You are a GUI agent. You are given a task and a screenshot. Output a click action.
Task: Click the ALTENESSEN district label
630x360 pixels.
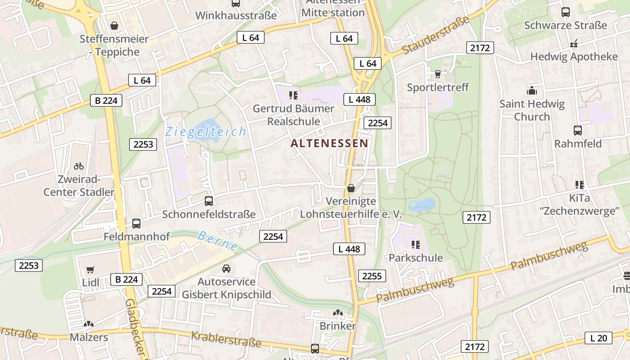click(329, 144)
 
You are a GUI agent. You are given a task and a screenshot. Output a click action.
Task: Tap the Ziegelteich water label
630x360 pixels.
click(206, 132)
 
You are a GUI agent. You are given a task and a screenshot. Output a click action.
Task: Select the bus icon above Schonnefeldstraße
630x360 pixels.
click(209, 201)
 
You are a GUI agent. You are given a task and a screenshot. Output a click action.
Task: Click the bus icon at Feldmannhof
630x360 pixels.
click(136, 223)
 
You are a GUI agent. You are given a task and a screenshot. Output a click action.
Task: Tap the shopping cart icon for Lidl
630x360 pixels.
click(90, 270)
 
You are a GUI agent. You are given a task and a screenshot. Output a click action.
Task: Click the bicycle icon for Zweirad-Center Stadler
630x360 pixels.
click(79, 166)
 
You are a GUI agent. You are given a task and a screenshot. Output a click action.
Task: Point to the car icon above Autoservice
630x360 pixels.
click(226, 269)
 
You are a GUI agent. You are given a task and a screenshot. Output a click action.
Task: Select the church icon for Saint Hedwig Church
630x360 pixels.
click(532, 90)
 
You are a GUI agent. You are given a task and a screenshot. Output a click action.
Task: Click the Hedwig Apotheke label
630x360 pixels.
click(574, 57)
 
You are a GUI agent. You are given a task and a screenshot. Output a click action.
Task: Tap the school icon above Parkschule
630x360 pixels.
click(415, 245)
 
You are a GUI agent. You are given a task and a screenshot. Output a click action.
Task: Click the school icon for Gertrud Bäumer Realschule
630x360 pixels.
click(293, 95)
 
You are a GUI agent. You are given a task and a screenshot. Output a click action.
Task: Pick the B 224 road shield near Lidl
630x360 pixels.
click(126, 279)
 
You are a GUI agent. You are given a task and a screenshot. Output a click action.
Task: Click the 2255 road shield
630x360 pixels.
click(372, 276)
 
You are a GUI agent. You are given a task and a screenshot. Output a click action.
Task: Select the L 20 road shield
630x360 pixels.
click(598, 338)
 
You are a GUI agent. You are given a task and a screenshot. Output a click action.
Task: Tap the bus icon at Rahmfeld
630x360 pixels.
click(578, 130)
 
